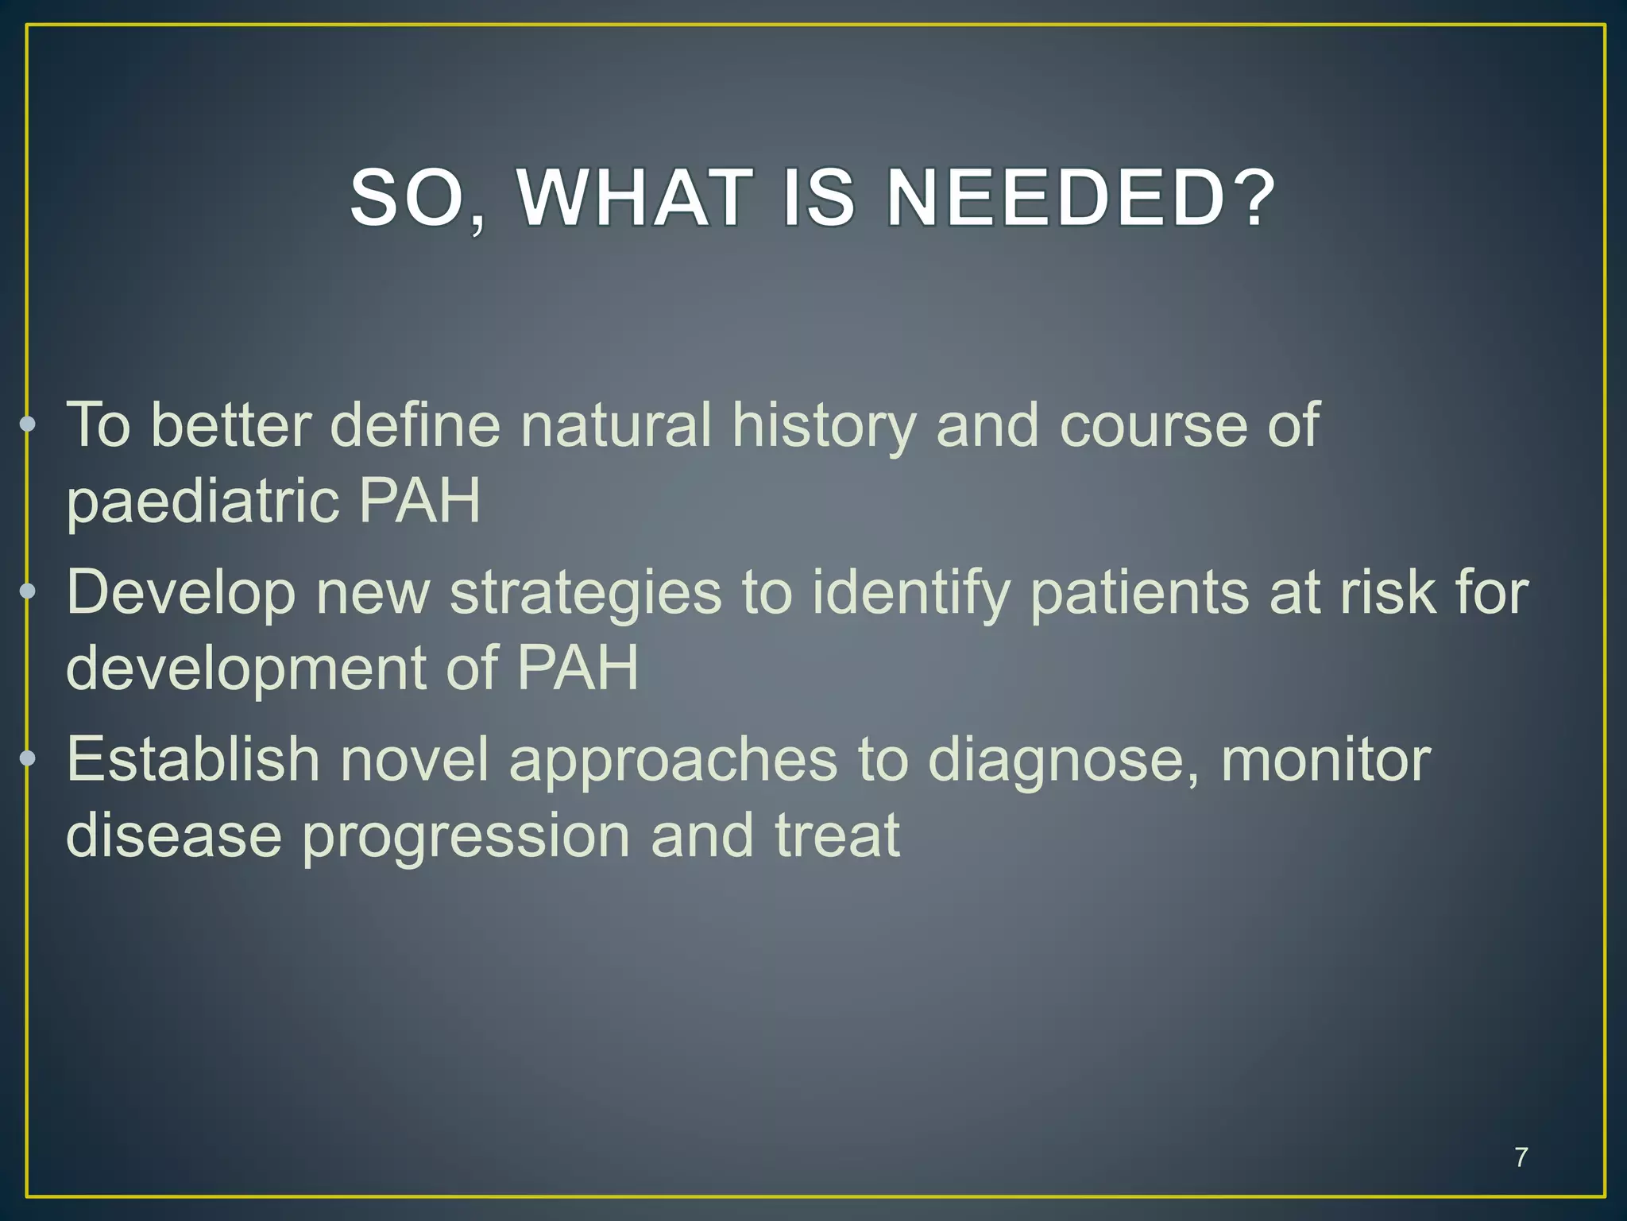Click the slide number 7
click(1521, 1157)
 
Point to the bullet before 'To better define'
click(28, 424)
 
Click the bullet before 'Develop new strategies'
click(28, 591)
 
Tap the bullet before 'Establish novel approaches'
click(28, 758)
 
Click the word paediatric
click(202, 502)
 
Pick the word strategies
click(585, 594)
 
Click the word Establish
click(193, 759)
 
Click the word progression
click(466, 836)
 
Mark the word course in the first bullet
click(1154, 425)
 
